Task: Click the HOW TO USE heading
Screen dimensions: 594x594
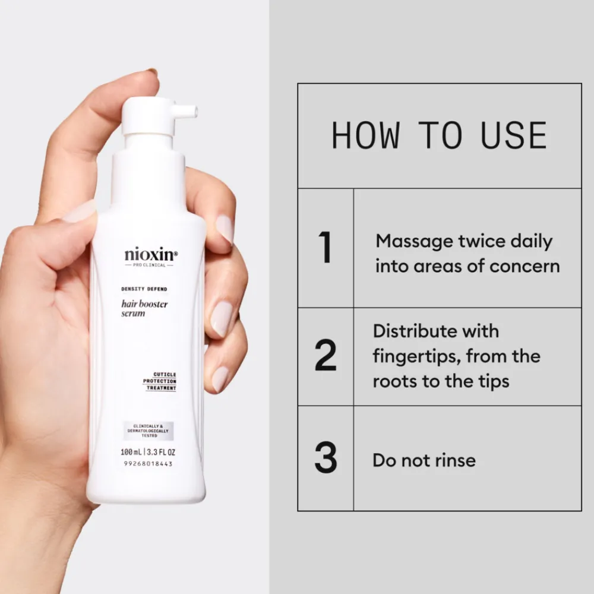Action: [439, 135]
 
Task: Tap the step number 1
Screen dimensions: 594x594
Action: [325, 248]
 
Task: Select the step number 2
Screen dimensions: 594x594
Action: [325, 356]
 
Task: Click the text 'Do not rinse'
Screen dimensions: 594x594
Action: [424, 460]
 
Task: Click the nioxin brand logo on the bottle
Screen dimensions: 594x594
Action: [151, 255]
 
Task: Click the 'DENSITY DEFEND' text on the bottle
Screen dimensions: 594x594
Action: [144, 289]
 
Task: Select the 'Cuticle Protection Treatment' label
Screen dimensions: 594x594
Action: [160, 381]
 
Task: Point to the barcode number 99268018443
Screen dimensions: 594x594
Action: [146, 464]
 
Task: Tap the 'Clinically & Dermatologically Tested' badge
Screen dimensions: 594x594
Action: [146, 430]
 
